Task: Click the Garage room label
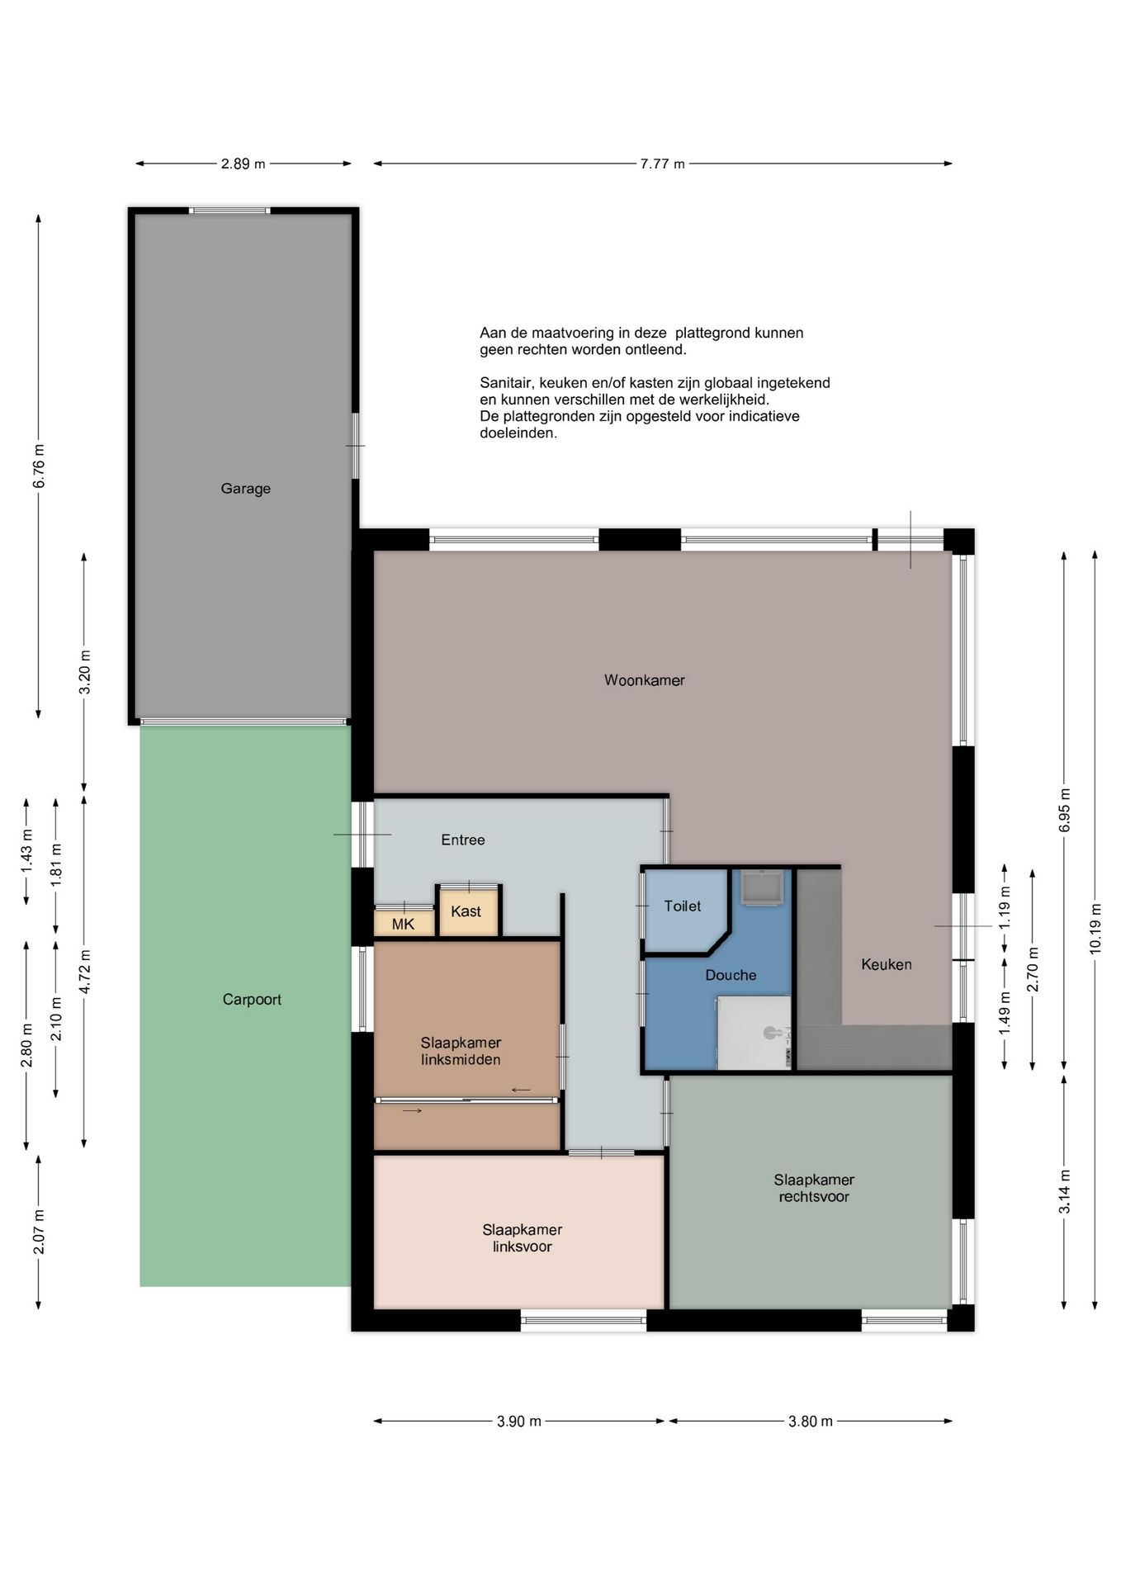pyautogui.click(x=245, y=489)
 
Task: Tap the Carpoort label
pyautogui.click(x=252, y=1000)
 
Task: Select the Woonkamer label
pyautogui.click(x=645, y=680)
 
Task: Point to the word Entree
pyautogui.click(x=463, y=840)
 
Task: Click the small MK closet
pyautogui.click(x=404, y=923)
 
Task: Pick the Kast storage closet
pyautogui.click(x=468, y=911)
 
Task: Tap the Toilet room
pyautogui.click(x=683, y=906)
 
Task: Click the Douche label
pyautogui.click(x=731, y=975)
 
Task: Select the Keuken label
pyautogui.click(x=887, y=964)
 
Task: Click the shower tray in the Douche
pyautogui.click(x=754, y=1033)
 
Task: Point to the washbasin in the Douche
pyautogui.click(x=759, y=887)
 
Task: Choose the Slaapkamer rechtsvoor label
pyautogui.click(x=814, y=1188)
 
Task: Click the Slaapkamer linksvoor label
pyautogui.click(x=523, y=1237)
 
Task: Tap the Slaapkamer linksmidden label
pyautogui.click(x=461, y=1051)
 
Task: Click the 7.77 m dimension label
pyautogui.click(x=663, y=163)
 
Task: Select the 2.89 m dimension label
pyautogui.click(x=244, y=163)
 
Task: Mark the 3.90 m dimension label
pyautogui.click(x=519, y=1421)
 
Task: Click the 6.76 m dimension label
pyautogui.click(x=39, y=466)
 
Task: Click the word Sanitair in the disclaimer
pyautogui.click(x=506, y=383)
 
